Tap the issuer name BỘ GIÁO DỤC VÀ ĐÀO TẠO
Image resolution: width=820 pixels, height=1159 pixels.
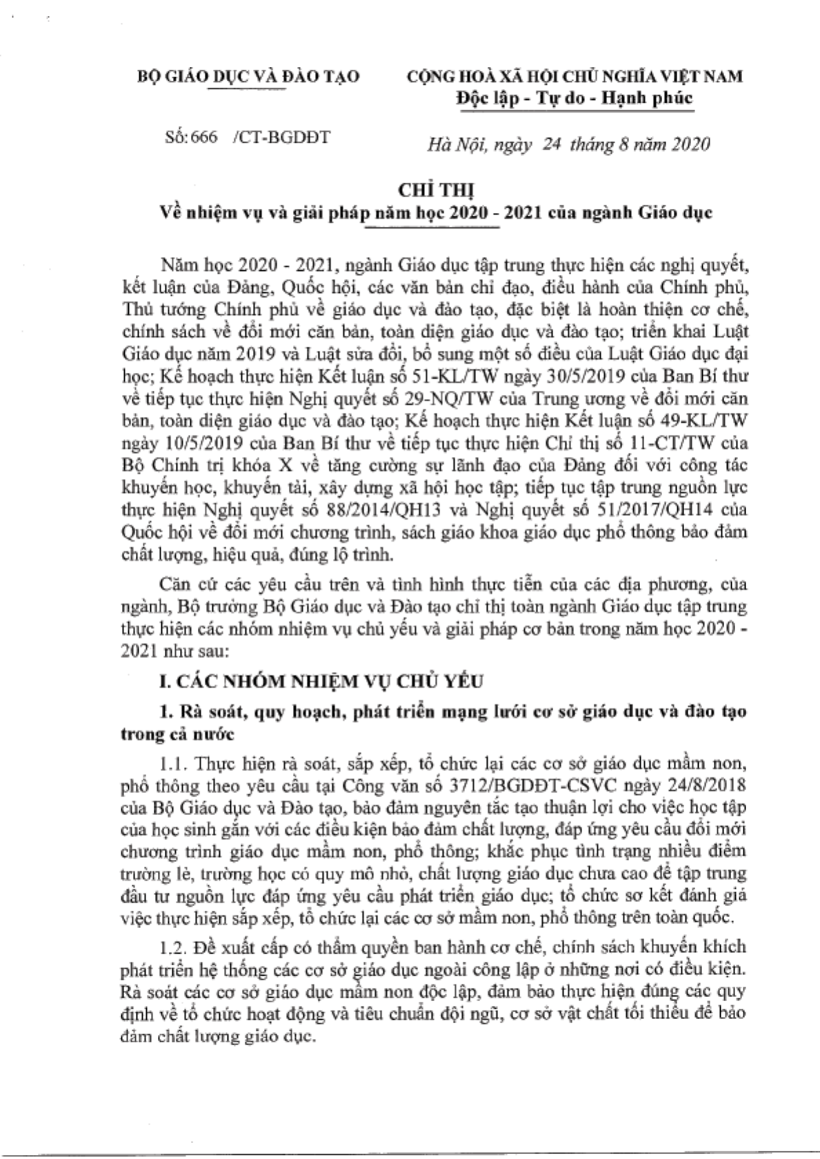(x=249, y=76)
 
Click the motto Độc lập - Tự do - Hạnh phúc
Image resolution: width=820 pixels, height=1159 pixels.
(x=574, y=98)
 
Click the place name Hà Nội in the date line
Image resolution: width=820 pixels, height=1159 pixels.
(x=450, y=144)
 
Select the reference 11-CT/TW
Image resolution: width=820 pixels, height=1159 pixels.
(x=675, y=444)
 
